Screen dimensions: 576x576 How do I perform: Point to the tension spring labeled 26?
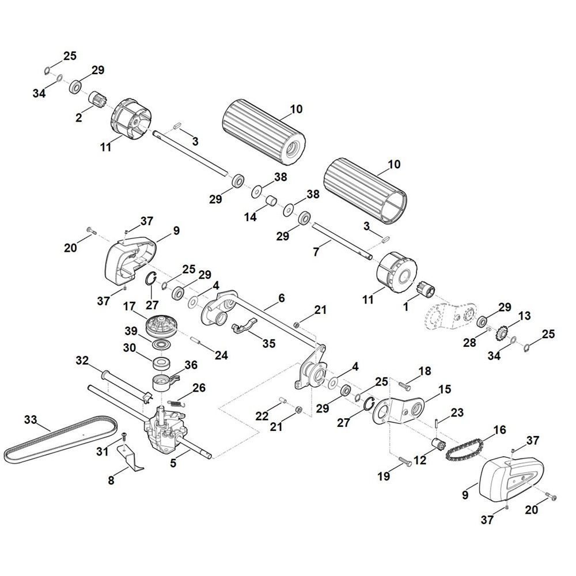point(178,403)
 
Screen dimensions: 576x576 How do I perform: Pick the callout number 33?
point(31,419)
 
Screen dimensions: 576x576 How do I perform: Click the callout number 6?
point(282,298)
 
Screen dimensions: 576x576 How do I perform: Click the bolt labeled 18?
point(405,385)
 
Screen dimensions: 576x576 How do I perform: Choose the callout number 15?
point(445,389)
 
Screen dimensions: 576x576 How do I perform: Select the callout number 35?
point(269,343)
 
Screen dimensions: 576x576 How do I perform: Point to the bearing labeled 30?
point(162,363)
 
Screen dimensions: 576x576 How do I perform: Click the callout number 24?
point(221,355)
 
